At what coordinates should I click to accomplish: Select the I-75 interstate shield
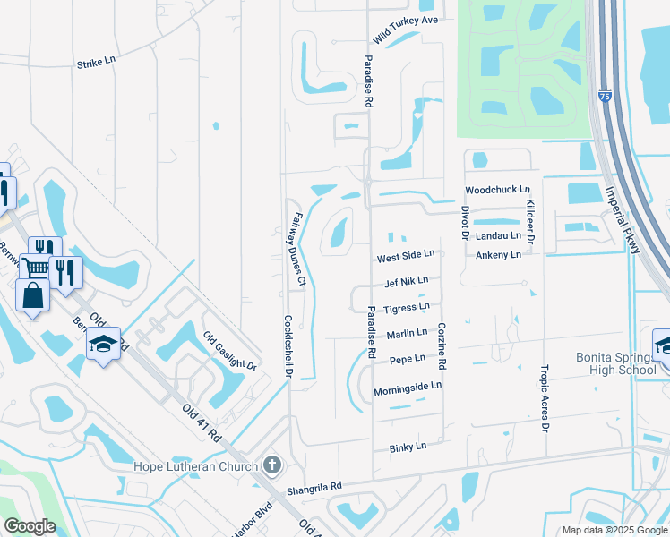[x=606, y=94]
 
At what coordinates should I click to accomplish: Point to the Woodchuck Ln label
[x=498, y=191]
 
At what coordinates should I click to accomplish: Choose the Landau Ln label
[x=498, y=235]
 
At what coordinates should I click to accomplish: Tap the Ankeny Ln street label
[x=498, y=255]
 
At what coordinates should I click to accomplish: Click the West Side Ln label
[x=405, y=256]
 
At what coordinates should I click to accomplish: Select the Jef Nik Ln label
[x=406, y=281]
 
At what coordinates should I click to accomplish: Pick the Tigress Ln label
[x=407, y=308]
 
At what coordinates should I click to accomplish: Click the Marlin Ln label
[x=408, y=334]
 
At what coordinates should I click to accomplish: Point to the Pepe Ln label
[x=408, y=360]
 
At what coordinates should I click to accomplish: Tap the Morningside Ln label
[x=408, y=386]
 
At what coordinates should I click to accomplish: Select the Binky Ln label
[x=408, y=446]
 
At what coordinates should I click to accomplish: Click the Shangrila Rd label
[x=314, y=487]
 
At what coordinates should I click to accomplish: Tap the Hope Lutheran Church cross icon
[x=273, y=465]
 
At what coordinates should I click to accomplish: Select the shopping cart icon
[x=36, y=267]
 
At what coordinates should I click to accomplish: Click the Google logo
[x=30, y=526]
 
